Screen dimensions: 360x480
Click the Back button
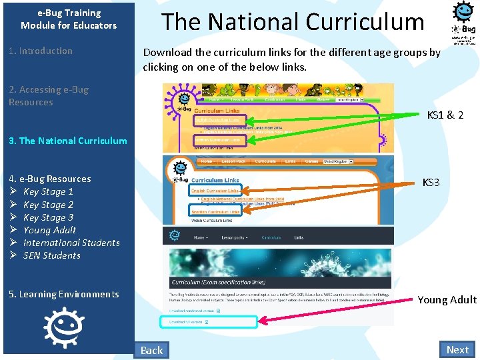[151, 350]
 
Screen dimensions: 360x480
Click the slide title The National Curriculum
[293, 22]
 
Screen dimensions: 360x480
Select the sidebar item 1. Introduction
[41, 51]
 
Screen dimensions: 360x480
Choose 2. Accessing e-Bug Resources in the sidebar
[48, 95]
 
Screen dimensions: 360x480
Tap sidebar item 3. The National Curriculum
[67, 141]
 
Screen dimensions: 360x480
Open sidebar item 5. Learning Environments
[63, 294]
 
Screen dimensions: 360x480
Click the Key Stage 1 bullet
[48, 191]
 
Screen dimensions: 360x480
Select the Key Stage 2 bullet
[48, 205]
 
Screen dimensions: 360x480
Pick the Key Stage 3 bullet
[48, 217]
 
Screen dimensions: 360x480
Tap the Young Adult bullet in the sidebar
[49, 230]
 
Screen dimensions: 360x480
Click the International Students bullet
[71, 243]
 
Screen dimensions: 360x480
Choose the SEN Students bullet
[51, 255]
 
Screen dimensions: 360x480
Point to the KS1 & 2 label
[445, 115]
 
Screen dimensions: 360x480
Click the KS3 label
[431, 182]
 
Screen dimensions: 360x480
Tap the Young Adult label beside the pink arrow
[447, 299]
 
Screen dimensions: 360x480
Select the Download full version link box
[208, 322]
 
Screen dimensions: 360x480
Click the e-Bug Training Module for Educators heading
[69, 19]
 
